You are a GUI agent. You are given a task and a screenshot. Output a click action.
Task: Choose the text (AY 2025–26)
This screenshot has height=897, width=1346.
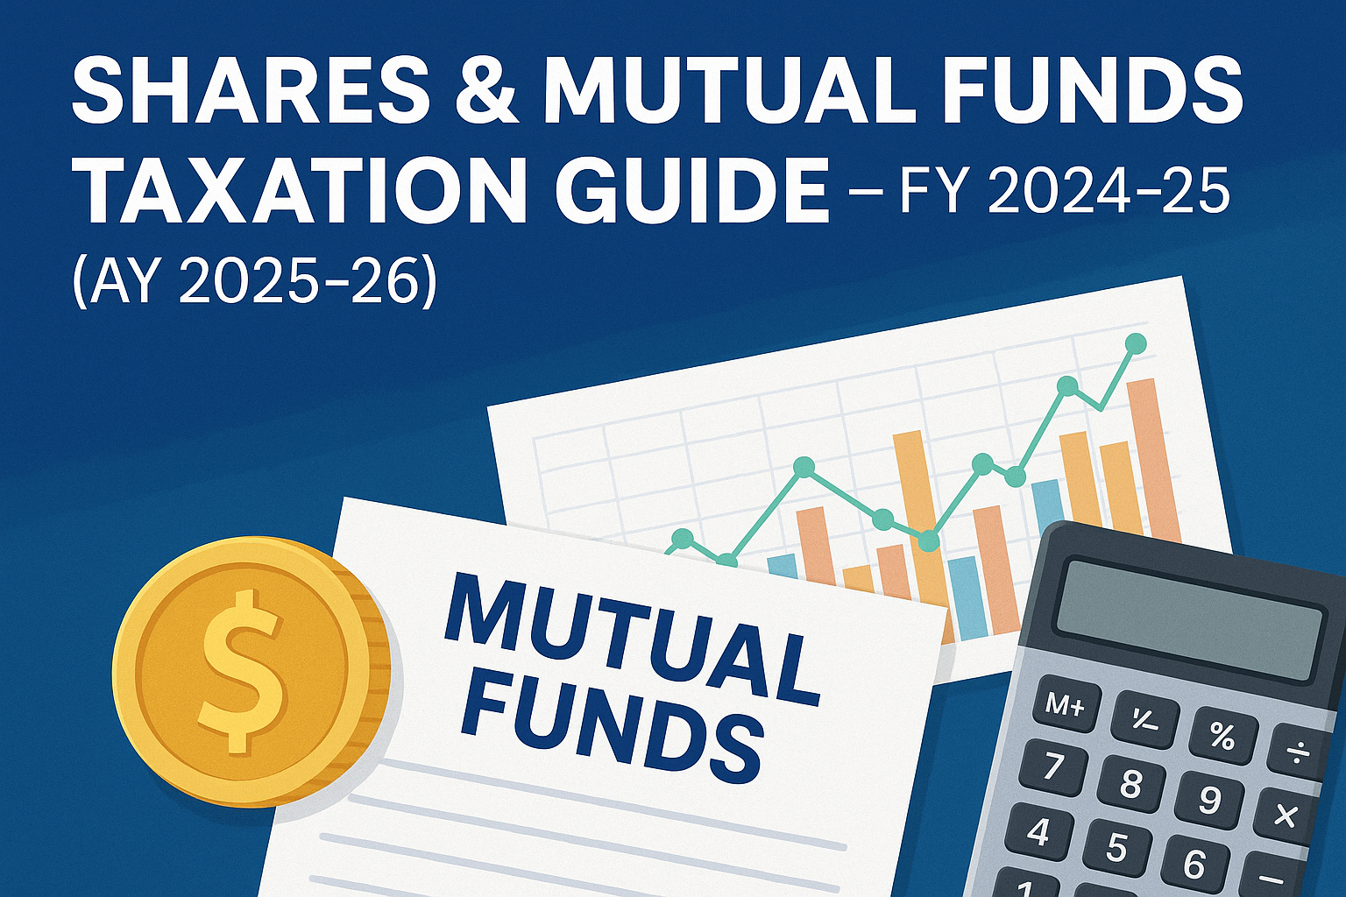coord(251,279)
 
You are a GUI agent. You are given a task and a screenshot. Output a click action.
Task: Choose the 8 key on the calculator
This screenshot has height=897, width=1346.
coord(1130,783)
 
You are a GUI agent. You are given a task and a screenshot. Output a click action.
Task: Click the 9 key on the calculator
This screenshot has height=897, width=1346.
coord(1208,797)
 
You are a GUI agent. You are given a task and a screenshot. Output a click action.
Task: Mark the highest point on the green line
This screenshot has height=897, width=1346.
coord(1136,343)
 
